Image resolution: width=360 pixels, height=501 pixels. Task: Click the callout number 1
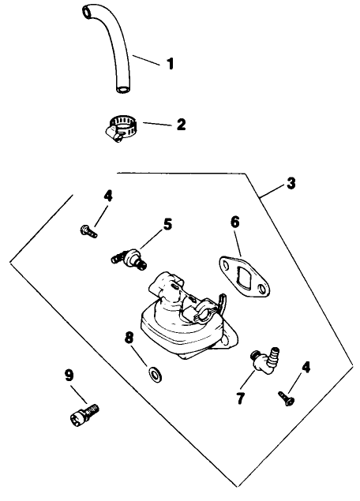[170, 63]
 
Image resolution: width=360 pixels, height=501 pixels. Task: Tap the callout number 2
[181, 125]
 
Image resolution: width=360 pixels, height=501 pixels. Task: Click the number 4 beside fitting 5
[108, 196]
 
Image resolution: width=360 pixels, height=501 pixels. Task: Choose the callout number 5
[167, 224]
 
